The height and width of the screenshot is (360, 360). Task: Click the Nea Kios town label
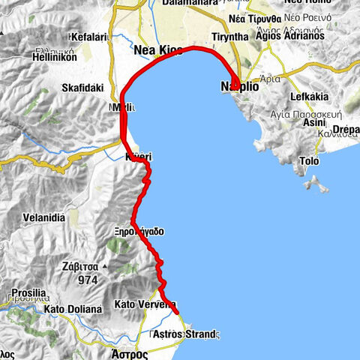[x=158, y=50]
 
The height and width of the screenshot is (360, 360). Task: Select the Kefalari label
[x=88, y=36]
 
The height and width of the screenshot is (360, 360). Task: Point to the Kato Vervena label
[x=143, y=304]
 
